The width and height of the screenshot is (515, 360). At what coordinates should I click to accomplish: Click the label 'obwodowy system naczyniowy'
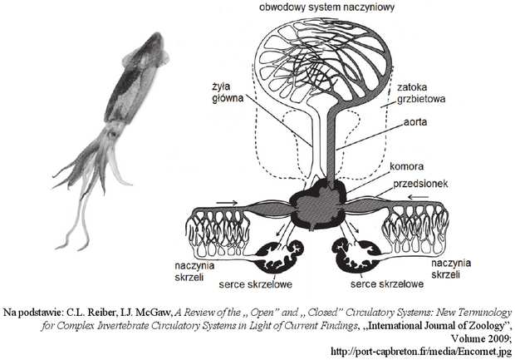(x=326, y=7)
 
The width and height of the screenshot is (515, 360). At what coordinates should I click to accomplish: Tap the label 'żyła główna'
(x=228, y=92)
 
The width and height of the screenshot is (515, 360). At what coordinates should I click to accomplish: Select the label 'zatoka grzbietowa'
(x=421, y=93)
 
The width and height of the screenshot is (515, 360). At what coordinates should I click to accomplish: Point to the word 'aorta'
(x=415, y=122)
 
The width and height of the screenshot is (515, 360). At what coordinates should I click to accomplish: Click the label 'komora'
(x=407, y=166)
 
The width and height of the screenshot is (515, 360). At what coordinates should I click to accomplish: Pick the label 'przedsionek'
(x=420, y=184)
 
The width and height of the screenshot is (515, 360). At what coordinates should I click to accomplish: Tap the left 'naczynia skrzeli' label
(x=194, y=271)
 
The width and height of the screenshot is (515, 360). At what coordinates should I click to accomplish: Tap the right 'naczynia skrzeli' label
(x=450, y=269)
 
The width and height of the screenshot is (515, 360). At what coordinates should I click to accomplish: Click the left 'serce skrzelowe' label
(x=256, y=284)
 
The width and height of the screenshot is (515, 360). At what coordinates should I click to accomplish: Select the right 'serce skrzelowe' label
(x=387, y=284)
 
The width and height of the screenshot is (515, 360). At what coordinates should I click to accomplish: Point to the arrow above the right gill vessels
(x=418, y=197)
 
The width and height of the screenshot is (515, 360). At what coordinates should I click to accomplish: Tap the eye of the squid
(x=113, y=134)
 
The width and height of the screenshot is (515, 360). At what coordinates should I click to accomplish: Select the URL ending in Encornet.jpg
(x=421, y=352)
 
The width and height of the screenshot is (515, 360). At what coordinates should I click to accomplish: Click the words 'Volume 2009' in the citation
(x=481, y=338)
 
